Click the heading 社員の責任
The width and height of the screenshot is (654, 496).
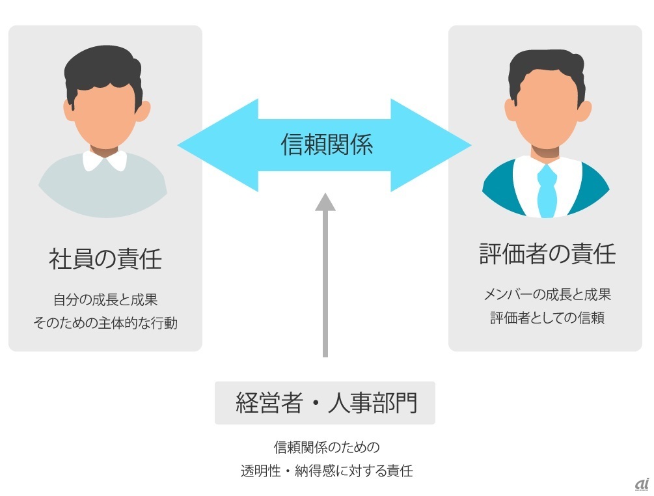click(105, 259)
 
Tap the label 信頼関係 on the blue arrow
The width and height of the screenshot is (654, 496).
click(327, 145)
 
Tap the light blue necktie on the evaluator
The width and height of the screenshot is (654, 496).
click(547, 189)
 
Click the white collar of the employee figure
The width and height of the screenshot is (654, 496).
click(105, 159)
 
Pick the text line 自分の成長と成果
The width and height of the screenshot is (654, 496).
click(105, 300)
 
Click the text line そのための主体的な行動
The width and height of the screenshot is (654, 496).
click(105, 323)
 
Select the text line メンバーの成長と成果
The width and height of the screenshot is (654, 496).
click(547, 294)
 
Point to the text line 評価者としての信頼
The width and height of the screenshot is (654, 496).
click(547, 318)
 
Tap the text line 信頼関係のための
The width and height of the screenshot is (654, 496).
click(326, 448)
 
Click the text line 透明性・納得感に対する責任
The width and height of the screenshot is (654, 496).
click(326, 471)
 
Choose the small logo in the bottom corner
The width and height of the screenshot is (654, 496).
click(641, 484)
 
